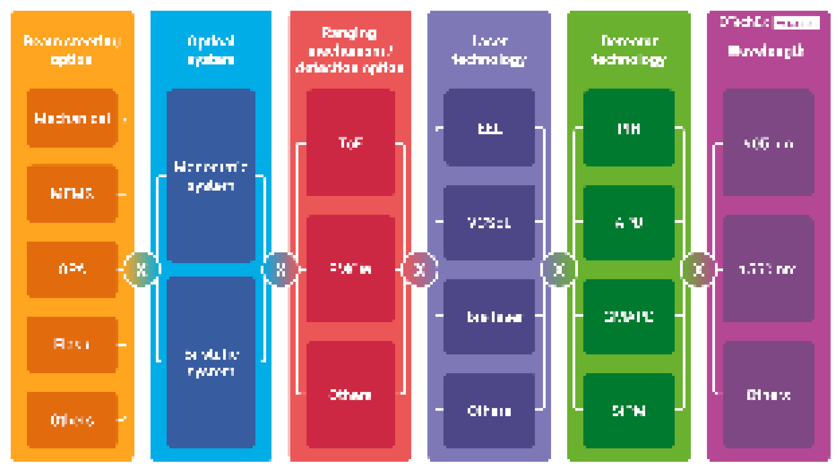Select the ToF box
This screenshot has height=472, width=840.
351,142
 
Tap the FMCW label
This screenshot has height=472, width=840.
351,269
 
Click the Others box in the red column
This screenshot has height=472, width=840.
351,395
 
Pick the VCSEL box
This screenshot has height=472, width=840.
489,222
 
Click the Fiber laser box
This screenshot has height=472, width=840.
489,317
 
